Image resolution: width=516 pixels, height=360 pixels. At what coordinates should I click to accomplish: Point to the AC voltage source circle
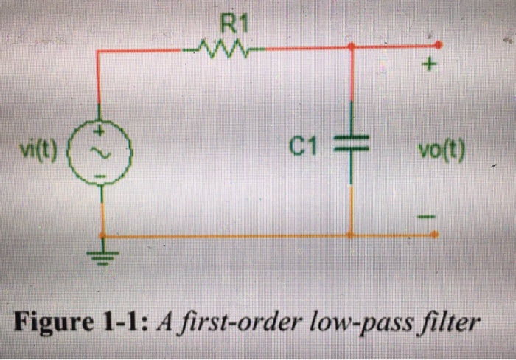click(x=102, y=152)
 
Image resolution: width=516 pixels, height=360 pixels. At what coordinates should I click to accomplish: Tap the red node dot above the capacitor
click(x=351, y=46)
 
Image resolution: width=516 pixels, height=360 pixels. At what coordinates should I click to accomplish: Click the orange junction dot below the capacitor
click(x=351, y=235)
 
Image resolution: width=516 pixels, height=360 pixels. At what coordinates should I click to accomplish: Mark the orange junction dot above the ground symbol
click(x=102, y=235)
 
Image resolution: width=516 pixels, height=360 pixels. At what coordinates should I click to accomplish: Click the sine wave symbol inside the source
click(x=102, y=153)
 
